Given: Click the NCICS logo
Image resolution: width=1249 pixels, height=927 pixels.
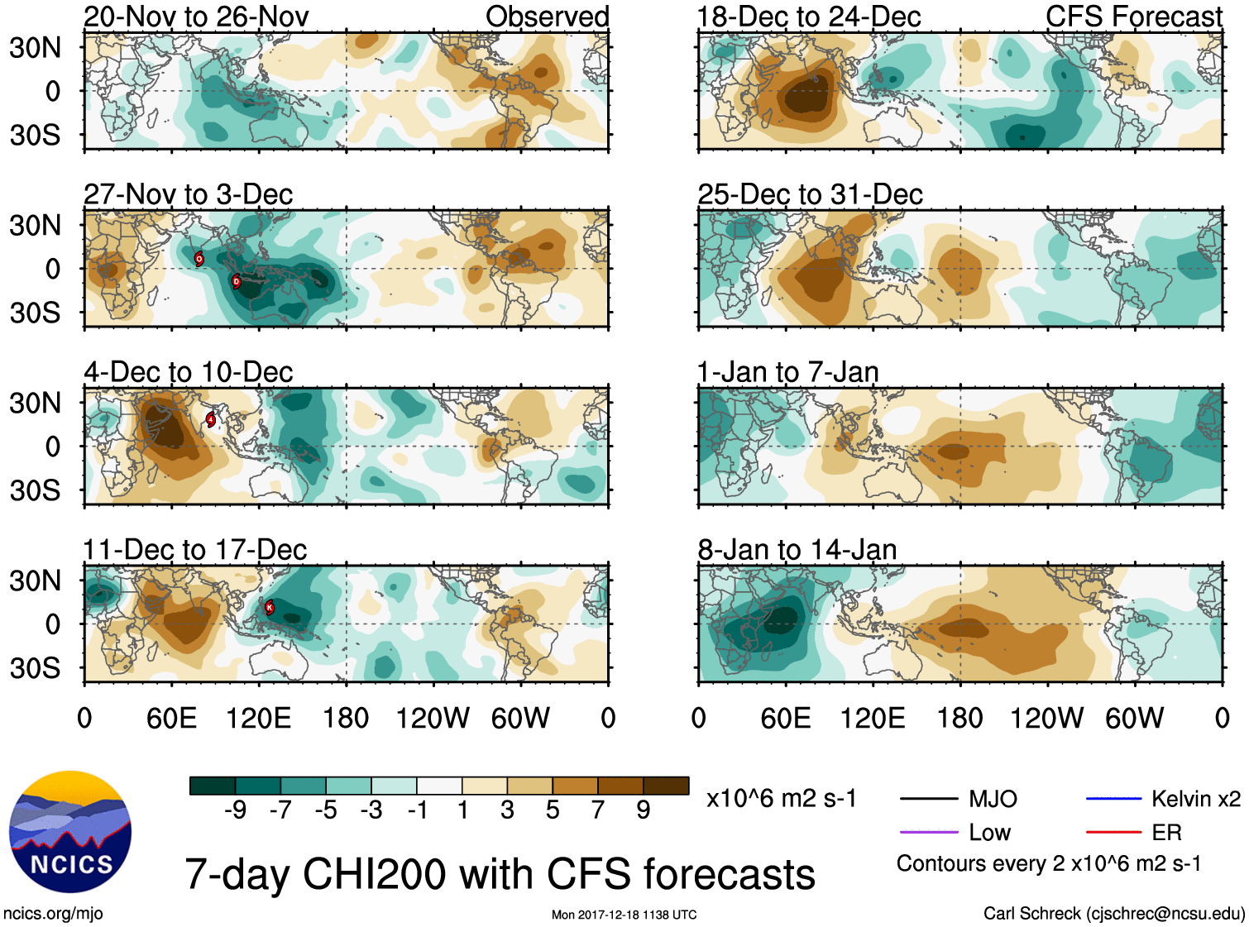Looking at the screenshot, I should coord(70,832).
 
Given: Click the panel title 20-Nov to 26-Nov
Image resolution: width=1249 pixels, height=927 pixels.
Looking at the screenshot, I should coord(196,17).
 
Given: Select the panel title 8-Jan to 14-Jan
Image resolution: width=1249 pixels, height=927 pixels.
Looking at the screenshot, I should coord(797,550).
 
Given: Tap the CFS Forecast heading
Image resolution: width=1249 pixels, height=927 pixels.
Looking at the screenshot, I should coord(1133,17).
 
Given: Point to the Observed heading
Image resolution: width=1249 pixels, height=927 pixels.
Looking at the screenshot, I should coord(547,17).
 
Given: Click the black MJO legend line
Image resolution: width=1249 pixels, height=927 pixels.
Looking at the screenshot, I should coord(928,799).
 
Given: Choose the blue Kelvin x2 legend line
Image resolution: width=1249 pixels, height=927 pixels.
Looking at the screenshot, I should coord(1113,799).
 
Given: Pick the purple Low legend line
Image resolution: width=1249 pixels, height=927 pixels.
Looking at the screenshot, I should coord(928,832).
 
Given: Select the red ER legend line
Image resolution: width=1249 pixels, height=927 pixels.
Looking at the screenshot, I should coord(1113,832).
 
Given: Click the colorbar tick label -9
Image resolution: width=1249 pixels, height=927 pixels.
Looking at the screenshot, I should coord(235,810).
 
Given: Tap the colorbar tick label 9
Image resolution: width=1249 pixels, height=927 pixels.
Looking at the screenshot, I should coord(644,810).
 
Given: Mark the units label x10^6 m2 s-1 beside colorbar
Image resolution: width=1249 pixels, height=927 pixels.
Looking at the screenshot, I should coord(781,799).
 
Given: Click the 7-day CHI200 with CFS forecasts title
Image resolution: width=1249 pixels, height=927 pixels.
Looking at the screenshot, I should coord(500,874).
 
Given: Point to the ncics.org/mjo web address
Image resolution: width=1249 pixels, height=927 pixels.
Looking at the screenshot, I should coord(53,914).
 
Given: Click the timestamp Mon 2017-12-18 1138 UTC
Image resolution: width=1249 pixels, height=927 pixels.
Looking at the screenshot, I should coord(624,915).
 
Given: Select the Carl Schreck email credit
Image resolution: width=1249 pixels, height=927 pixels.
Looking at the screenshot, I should coord(1113,914).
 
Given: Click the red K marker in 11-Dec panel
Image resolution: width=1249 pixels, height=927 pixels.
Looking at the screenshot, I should coord(269,607).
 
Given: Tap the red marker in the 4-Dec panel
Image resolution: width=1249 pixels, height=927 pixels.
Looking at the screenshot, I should coord(211,419).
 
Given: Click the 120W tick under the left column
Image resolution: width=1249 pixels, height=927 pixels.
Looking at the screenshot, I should coord(433,718).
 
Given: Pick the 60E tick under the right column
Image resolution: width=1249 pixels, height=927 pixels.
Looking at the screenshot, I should coord(786,718).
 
